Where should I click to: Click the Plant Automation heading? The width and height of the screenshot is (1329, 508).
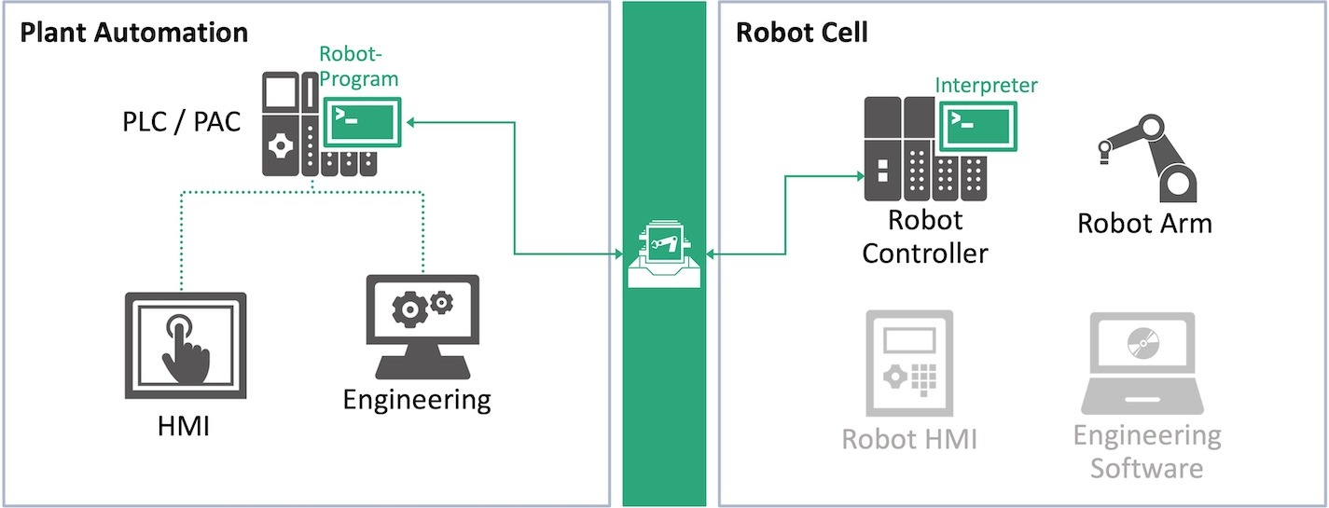tap(133, 33)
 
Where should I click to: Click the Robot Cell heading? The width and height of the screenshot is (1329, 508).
tap(801, 33)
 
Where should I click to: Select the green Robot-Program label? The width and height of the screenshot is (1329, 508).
tap(358, 66)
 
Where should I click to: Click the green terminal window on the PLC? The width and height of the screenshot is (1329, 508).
tap(363, 121)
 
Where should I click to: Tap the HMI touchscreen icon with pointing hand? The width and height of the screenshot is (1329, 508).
tap(186, 346)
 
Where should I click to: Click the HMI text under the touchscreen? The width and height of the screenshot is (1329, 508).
tap(183, 428)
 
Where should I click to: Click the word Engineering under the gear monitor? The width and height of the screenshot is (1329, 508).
tap(416, 400)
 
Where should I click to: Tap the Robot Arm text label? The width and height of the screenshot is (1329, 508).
tap(1144, 224)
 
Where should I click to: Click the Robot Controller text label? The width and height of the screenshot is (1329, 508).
tap(924, 237)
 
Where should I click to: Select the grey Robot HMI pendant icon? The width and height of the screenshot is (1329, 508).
tap(908, 364)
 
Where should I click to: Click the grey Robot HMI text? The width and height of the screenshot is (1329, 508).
tap(908, 439)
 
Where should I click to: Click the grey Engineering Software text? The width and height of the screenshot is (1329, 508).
tap(1146, 450)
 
